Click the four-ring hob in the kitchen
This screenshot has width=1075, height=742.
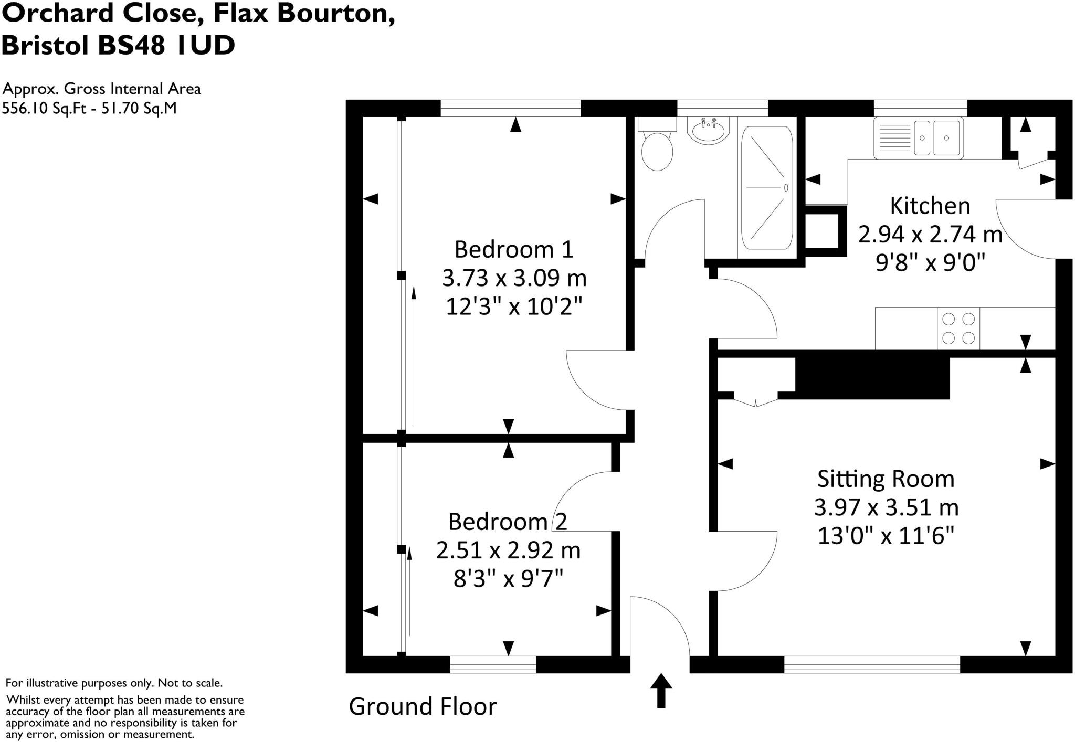[958, 328]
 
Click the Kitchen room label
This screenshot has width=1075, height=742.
[930, 206]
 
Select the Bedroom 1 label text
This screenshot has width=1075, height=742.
[513, 249]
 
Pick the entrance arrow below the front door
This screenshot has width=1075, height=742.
[661, 690]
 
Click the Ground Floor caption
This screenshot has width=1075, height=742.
[423, 706]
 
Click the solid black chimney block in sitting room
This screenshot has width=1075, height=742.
[872, 378]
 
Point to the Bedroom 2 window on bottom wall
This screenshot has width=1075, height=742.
[493, 664]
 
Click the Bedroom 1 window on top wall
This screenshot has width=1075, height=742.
[510, 109]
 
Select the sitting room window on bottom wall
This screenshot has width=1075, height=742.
[872, 664]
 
